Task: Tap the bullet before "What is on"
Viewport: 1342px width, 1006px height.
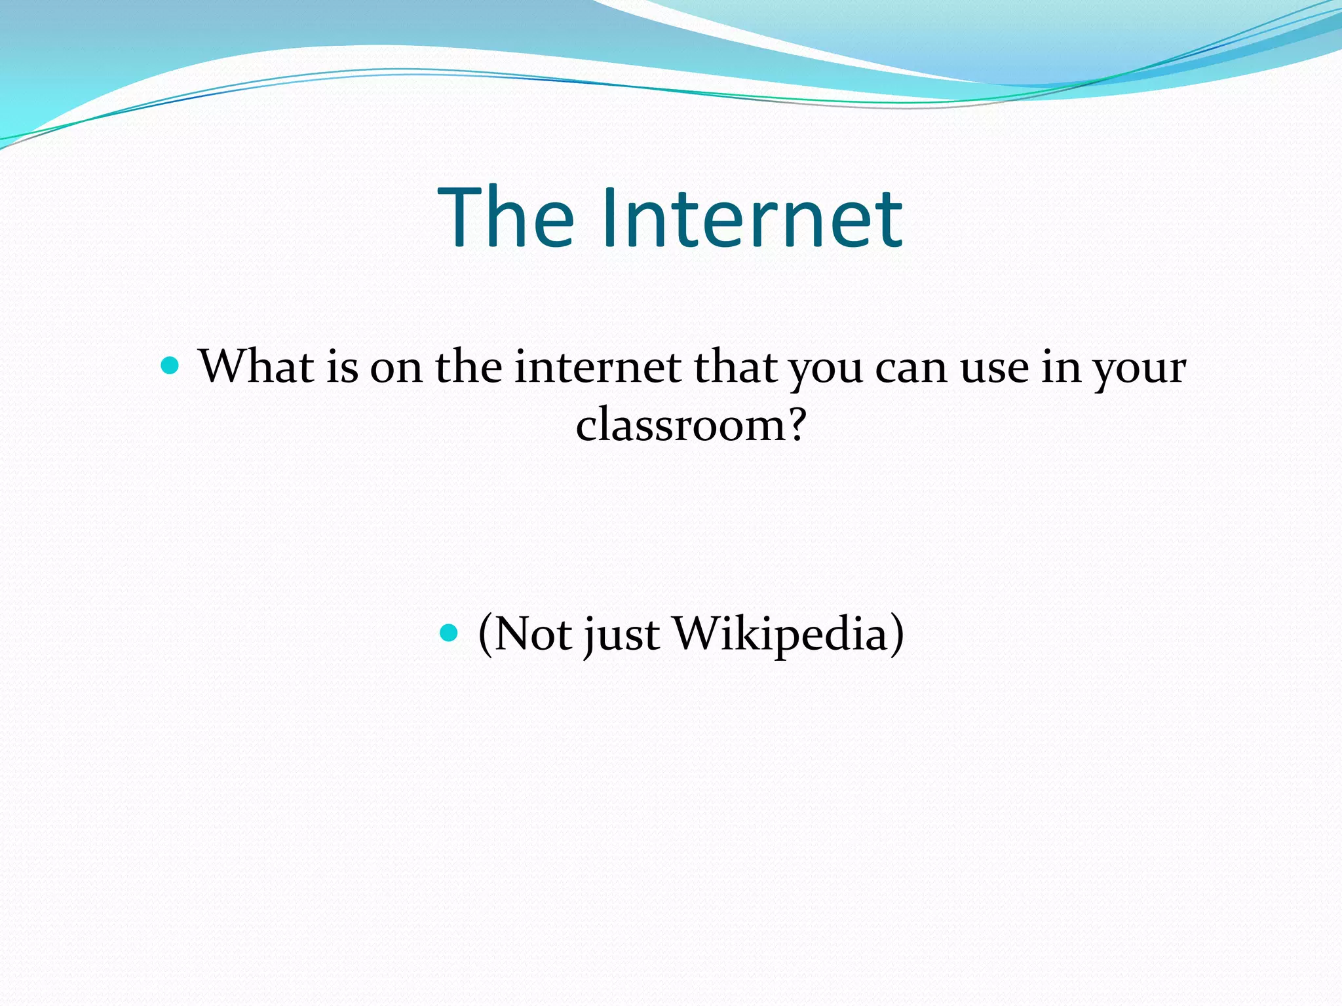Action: click(x=170, y=365)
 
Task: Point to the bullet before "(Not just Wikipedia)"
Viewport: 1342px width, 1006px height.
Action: click(x=449, y=632)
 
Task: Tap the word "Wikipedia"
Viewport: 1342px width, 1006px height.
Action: click(x=780, y=634)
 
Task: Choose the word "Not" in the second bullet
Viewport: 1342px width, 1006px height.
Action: click(x=532, y=634)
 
